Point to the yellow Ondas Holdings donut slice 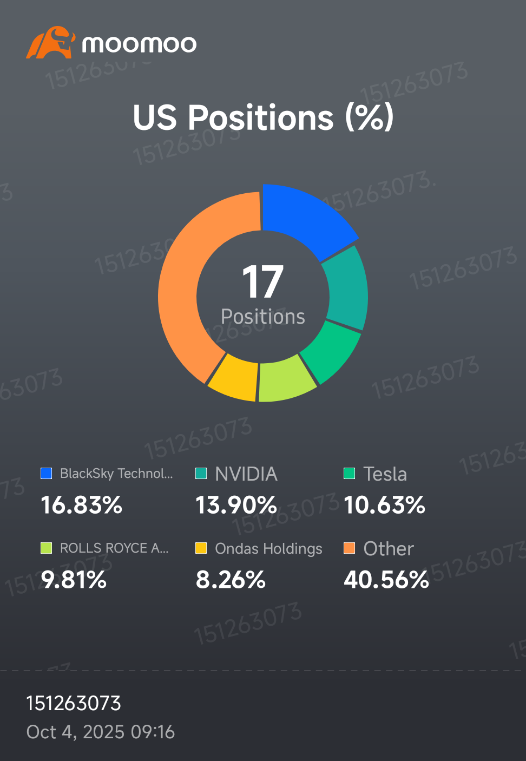(234, 378)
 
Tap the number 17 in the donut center (262, 281)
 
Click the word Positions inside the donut (263, 317)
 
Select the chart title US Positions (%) (263, 117)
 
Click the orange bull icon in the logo (51, 42)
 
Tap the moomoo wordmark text (139, 44)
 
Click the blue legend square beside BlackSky (46, 473)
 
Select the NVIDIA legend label (246, 474)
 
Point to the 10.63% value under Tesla (384, 505)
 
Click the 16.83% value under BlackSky (81, 505)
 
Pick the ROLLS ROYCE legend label (114, 548)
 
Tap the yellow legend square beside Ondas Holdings (201, 548)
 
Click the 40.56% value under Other (386, 580)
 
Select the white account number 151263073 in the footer (74, 703)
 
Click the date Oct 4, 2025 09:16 (101, 732)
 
